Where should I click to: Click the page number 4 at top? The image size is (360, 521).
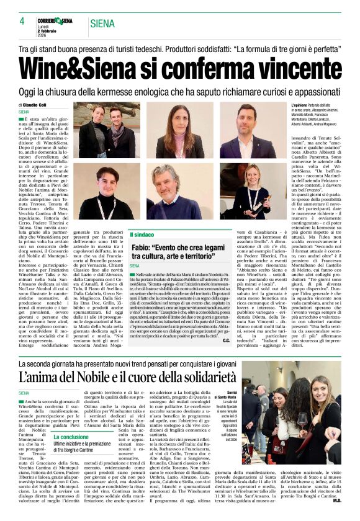pos(22,20)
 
